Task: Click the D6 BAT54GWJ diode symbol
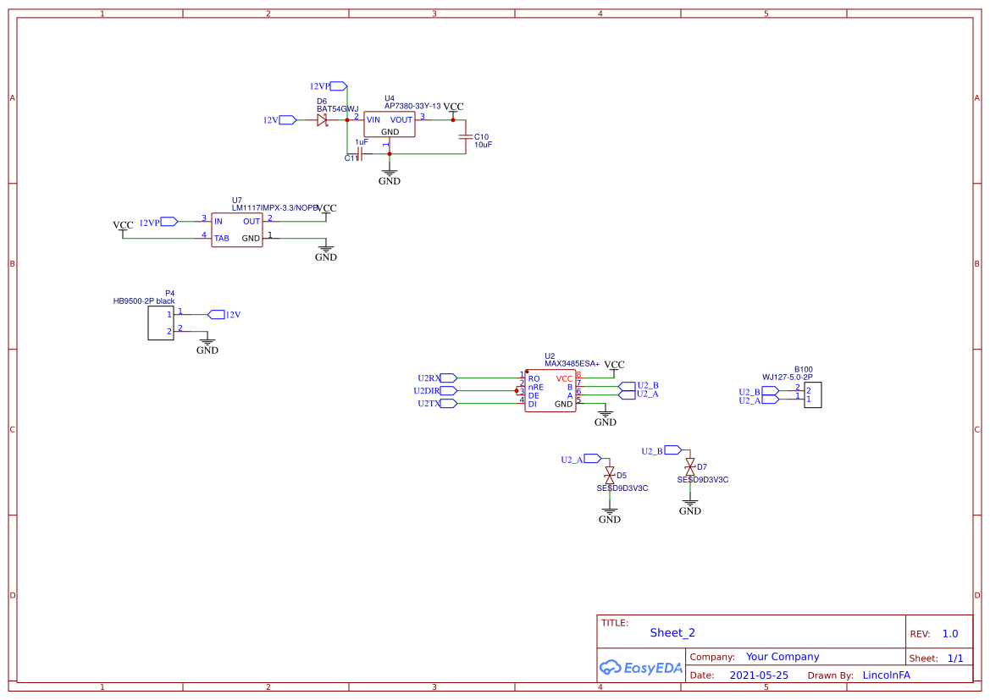tap(322, 120)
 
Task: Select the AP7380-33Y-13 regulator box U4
tap(389, 125)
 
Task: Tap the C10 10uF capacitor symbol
tap(463, 137)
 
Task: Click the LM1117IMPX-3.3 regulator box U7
tap(237, 229)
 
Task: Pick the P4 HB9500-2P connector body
tap(160, 323)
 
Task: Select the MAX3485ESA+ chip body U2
tap(550, 391)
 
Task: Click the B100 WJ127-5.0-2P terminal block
tap(811, 394)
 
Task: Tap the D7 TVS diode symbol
tap(689, 466)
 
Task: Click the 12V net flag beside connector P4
tap(216, 315)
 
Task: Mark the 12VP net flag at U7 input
tap(169, 222)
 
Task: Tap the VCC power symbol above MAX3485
tap(614, 366)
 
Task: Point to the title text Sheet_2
tap(672, 632)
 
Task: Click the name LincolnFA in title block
tap(886, 675)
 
